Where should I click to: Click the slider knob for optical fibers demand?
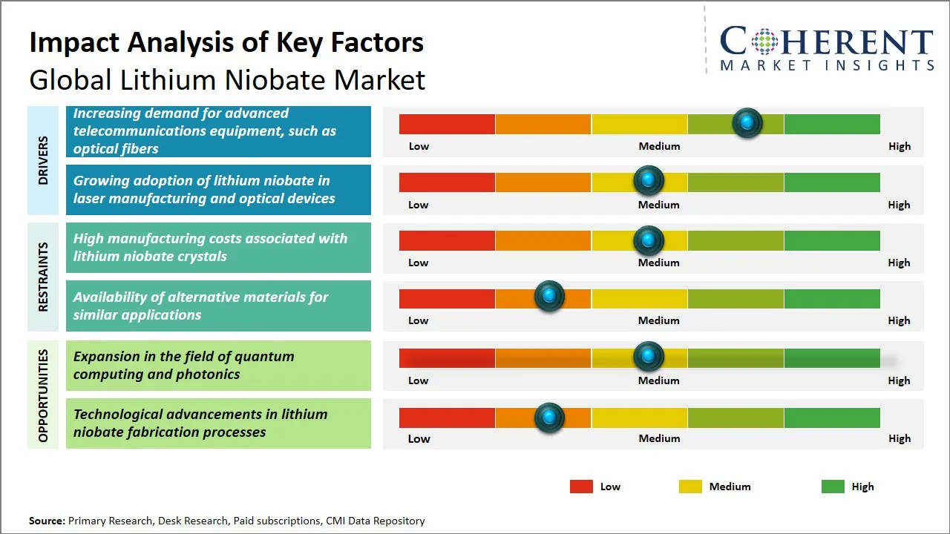747,122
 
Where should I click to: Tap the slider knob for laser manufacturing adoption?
649,180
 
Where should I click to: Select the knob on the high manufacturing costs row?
649,240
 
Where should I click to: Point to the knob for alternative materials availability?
549,297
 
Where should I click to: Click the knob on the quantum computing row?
649,357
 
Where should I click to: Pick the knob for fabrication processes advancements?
549,417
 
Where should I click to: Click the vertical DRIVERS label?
43,160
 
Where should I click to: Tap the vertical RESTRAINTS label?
43,277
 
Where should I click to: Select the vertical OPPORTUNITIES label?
43,395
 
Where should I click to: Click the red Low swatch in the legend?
581,487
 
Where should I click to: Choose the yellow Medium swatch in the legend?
690,487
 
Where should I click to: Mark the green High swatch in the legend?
833,487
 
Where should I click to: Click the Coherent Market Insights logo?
827,49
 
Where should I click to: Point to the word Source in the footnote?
46,521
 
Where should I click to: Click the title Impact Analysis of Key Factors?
226,42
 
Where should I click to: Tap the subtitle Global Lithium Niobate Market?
227,79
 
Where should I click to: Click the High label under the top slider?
900,146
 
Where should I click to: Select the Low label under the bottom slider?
419,438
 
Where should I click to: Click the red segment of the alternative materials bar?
447,298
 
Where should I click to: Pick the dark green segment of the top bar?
831,124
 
